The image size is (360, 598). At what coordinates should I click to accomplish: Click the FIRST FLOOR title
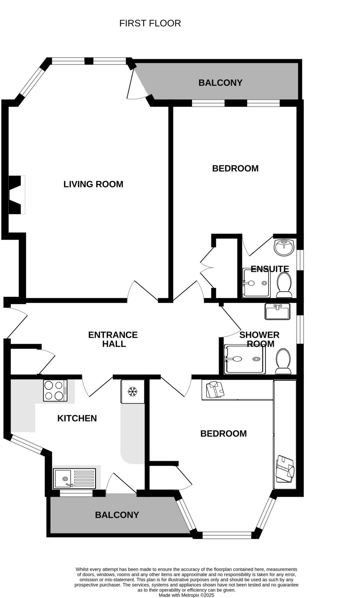[x=150, y=23]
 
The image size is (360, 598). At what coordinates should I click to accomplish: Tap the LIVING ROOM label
[x=93, y=184]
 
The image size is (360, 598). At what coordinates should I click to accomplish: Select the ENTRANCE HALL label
[x=113, y=339]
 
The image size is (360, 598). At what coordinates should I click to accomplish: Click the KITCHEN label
[x=77, y=418]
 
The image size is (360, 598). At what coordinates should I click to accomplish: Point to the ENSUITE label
[x=270, y=269]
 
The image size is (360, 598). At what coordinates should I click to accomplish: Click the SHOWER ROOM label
[x=259, y=339]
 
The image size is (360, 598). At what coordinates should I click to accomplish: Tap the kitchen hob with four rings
[x=55, y=390]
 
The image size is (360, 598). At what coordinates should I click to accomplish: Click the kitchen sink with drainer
[x=75, y=479]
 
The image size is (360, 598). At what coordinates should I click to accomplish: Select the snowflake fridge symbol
[x=133, y=392]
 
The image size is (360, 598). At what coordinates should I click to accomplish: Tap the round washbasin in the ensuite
[x=284, y=247]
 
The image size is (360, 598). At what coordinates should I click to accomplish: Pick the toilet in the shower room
[x=283, y=361]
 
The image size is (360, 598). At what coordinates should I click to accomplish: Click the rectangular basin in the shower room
[x=277, y=311]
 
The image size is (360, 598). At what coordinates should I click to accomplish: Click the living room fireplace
[x=16, y=195]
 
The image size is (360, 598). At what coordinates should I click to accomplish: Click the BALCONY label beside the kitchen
[x=117, y=515]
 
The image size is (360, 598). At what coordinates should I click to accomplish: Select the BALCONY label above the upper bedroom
[x=220, y=83]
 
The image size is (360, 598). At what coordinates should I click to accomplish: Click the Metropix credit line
[x=186, y=595]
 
